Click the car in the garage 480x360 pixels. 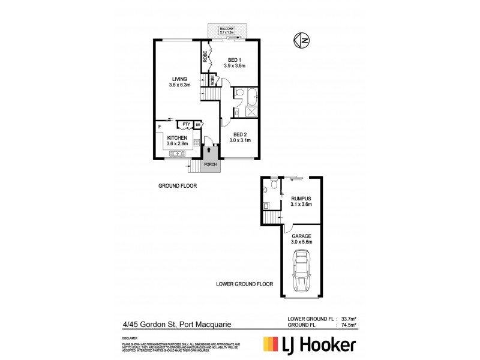point(300,273)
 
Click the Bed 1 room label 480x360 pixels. point(235,62)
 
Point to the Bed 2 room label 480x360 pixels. point(239,137)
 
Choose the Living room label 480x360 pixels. point(179,82)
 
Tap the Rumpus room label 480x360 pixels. point(301,202)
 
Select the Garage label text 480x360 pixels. point(301,239)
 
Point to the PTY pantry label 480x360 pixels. point(187,125)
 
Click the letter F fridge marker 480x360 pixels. point(159,127)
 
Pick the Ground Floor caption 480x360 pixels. point(178,186)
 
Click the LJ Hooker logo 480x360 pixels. point(309,344)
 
